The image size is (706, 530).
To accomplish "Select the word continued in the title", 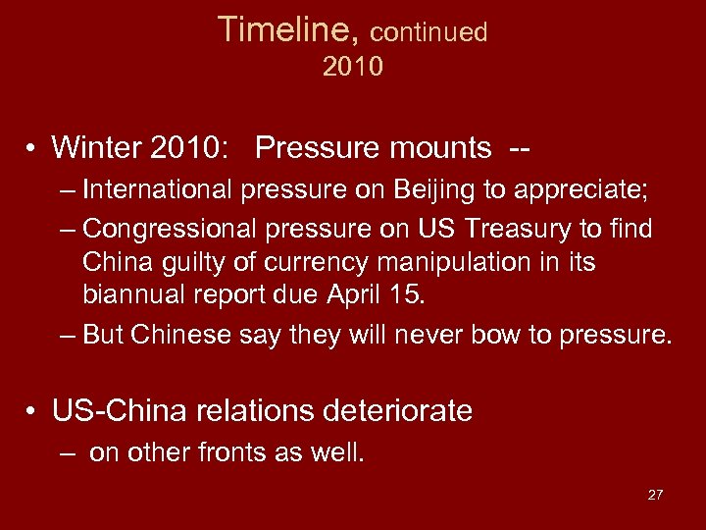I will click(429, 32).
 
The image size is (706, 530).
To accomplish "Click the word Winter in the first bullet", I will click(96, 147).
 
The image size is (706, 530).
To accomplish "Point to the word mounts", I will click(435, 148).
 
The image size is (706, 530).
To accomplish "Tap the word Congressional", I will click(168, 229).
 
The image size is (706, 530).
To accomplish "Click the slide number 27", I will click(655, 495).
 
